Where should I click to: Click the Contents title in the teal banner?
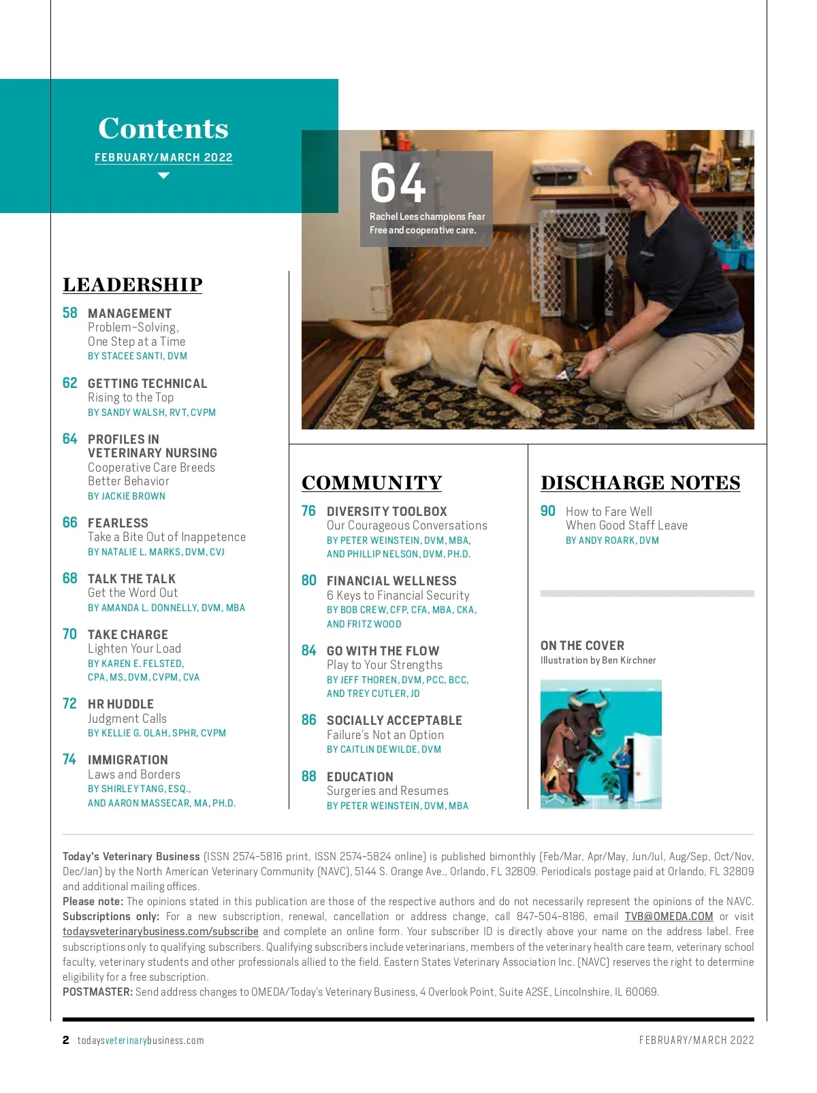(163, 128)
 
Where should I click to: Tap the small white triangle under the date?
(163, 176)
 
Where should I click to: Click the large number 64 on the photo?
(398, 183)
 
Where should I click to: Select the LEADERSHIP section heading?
(133, 284)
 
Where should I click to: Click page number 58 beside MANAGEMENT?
(70, 313)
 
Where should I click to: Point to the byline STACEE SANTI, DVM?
(138, 356)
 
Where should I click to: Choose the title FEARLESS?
(118, 523)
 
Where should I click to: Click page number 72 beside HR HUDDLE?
(70, 704)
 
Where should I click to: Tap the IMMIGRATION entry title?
(127, 760)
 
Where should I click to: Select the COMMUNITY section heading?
(372, 483)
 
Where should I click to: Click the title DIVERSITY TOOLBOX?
(387, 511)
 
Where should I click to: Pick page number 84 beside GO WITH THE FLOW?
(309, 651)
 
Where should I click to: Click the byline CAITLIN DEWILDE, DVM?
(384, 749)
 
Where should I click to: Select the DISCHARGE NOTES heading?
(641, 483)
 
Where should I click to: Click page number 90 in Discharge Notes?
(548, 511)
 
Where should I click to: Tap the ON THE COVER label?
(582, 645)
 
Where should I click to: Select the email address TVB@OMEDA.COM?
(669, 917)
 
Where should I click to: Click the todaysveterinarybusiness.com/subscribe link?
(161, 932)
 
